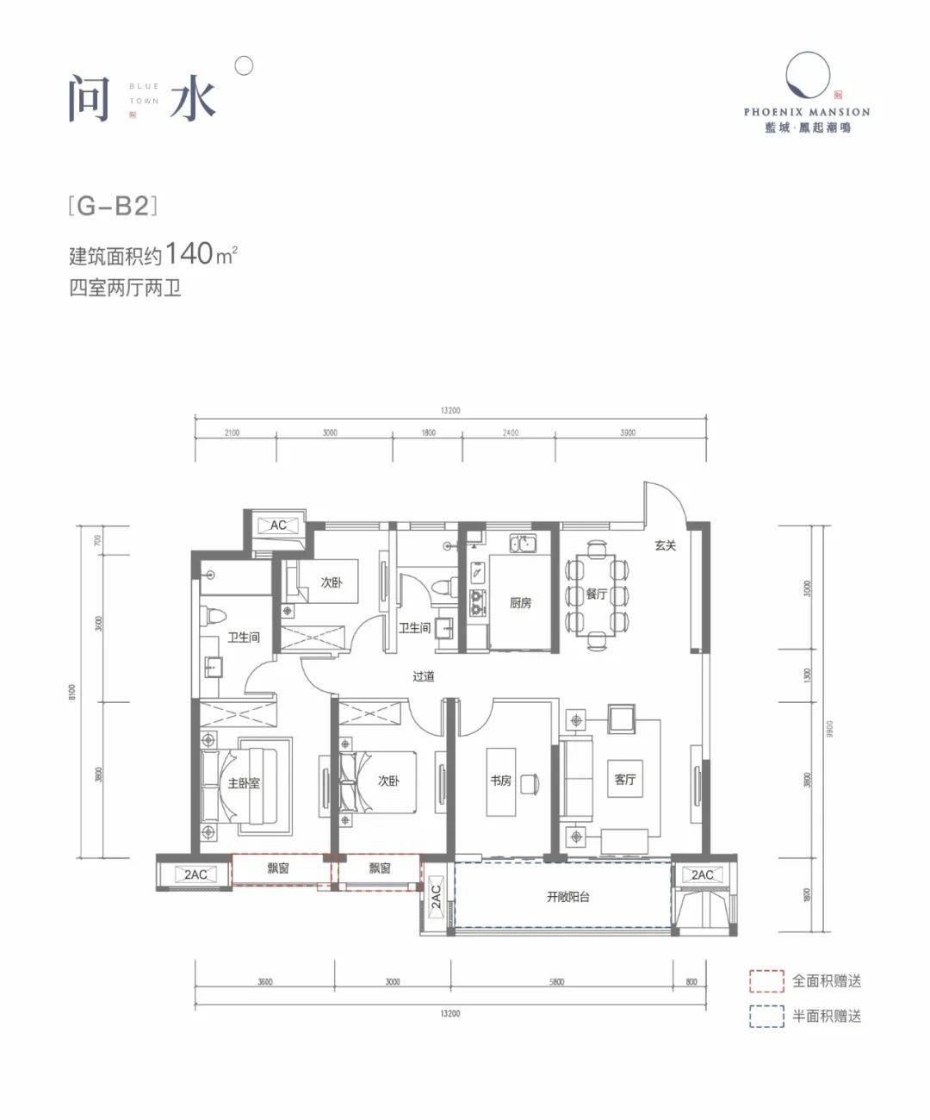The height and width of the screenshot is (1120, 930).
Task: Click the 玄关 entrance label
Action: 665,545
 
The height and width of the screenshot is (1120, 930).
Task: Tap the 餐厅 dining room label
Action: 596,594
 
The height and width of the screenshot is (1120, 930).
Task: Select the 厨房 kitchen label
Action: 519,603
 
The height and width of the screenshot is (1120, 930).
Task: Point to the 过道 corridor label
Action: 423,676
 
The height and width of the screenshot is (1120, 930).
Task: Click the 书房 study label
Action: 500,781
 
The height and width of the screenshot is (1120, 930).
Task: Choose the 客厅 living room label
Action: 625,779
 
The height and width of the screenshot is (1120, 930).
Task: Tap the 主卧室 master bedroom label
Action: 244,784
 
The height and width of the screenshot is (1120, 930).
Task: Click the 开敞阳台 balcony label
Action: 568,897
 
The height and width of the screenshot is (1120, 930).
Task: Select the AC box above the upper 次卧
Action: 277,526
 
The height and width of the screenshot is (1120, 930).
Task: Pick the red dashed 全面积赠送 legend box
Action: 766,980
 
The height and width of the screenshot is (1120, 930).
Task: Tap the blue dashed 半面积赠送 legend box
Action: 766,1017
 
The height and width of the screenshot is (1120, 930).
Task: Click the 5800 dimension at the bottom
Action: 555,981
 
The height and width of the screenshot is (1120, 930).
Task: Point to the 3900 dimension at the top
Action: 628,432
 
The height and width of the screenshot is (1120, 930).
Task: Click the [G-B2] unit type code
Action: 114,207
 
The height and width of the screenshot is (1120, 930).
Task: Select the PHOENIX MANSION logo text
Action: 807,112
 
